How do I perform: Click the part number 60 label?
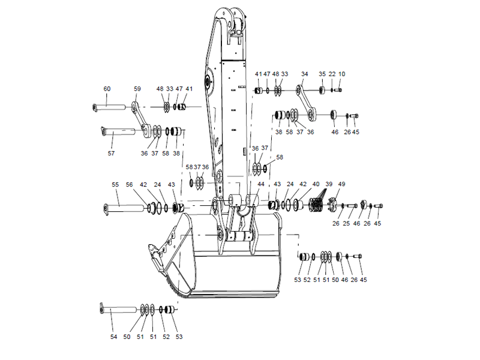pyautogui.click(x=107, y=89)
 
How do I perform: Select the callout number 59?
pyautogui.click(x=137, y=89)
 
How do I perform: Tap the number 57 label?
pyautogui.click(x=111, y=153)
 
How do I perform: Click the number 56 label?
pyautogui.click(x=130, y=185)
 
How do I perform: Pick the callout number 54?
pyautogui.click(x=113, y=337)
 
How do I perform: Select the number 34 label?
pyautogui.click(x=304, y=74)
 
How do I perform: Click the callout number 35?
pyautogui.click(x=322, y=74)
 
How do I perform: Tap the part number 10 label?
pyautogui.click(x=342, y=74)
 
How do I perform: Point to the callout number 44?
pyautogui.click(x=261, y=184)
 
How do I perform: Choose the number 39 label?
pyautogui.click(x=328, y=184)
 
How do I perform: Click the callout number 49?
pyautogui.click(x=342, y=184)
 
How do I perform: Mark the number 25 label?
pyautogui.click(x=346, y=224)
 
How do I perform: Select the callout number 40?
pyautogui.click(x=316, y=184)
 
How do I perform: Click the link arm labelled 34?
pyautogui.click(x=306, y=99)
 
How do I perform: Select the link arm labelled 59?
pyautogui.click(x=142, y=118)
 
